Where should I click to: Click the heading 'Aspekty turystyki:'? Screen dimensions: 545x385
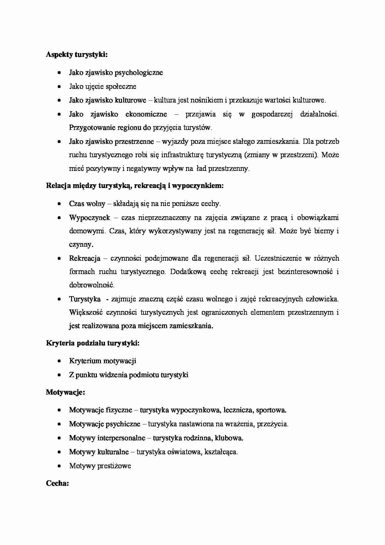coord(77,55)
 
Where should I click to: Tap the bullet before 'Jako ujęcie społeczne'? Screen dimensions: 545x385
coord(59,87)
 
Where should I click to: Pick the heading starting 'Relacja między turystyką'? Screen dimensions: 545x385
coord(135,186)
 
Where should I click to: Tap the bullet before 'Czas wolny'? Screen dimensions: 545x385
coord(59,204)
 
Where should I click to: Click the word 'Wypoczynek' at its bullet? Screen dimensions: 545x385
coord(89,218)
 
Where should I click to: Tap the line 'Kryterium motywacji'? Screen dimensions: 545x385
coord(102,361)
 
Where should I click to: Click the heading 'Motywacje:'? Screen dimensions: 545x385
coord(65,392)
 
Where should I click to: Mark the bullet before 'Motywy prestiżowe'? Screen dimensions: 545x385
coord(59,466)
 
